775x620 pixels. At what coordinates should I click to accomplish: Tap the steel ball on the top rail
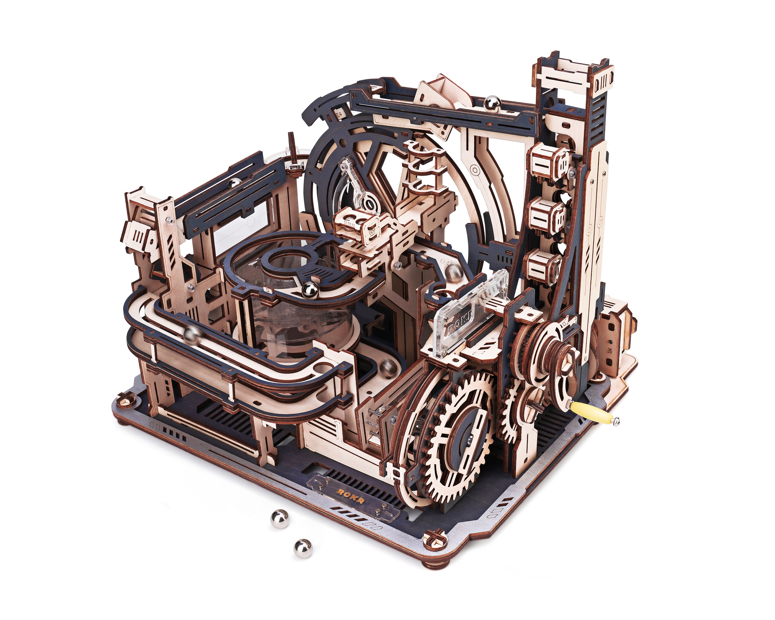[492, 103]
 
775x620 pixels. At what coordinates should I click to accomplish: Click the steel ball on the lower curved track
[192, 335]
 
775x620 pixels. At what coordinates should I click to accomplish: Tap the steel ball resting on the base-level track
[388, 367]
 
